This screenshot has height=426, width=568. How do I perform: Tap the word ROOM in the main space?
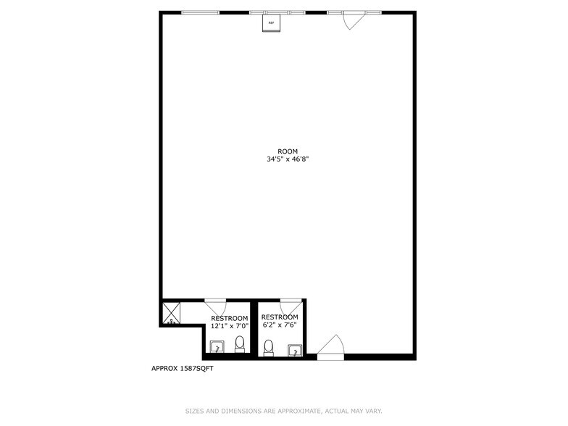(x=288, y=151)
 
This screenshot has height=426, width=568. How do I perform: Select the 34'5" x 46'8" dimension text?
(x=288, y=159)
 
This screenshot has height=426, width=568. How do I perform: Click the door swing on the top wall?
(x=351, y=20)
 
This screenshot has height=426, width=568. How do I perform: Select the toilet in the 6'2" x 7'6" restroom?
(x=269, y=348)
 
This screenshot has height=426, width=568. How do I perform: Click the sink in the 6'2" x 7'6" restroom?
(x=294, y=350)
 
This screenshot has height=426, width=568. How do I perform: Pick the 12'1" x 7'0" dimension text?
(x=230, y=326)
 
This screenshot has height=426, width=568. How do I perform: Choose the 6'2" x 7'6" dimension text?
(x=280, y=325)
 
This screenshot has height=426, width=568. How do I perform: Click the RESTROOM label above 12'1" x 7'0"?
(x=230, y=318)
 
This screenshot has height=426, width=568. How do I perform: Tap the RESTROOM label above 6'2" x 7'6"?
(x=280, y=317)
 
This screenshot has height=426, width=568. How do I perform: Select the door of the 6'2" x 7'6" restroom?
(x=290, y=304)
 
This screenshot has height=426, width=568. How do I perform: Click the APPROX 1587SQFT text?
(x=182, y=368)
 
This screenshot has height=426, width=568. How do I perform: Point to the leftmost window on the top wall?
(x=200, y=12)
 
